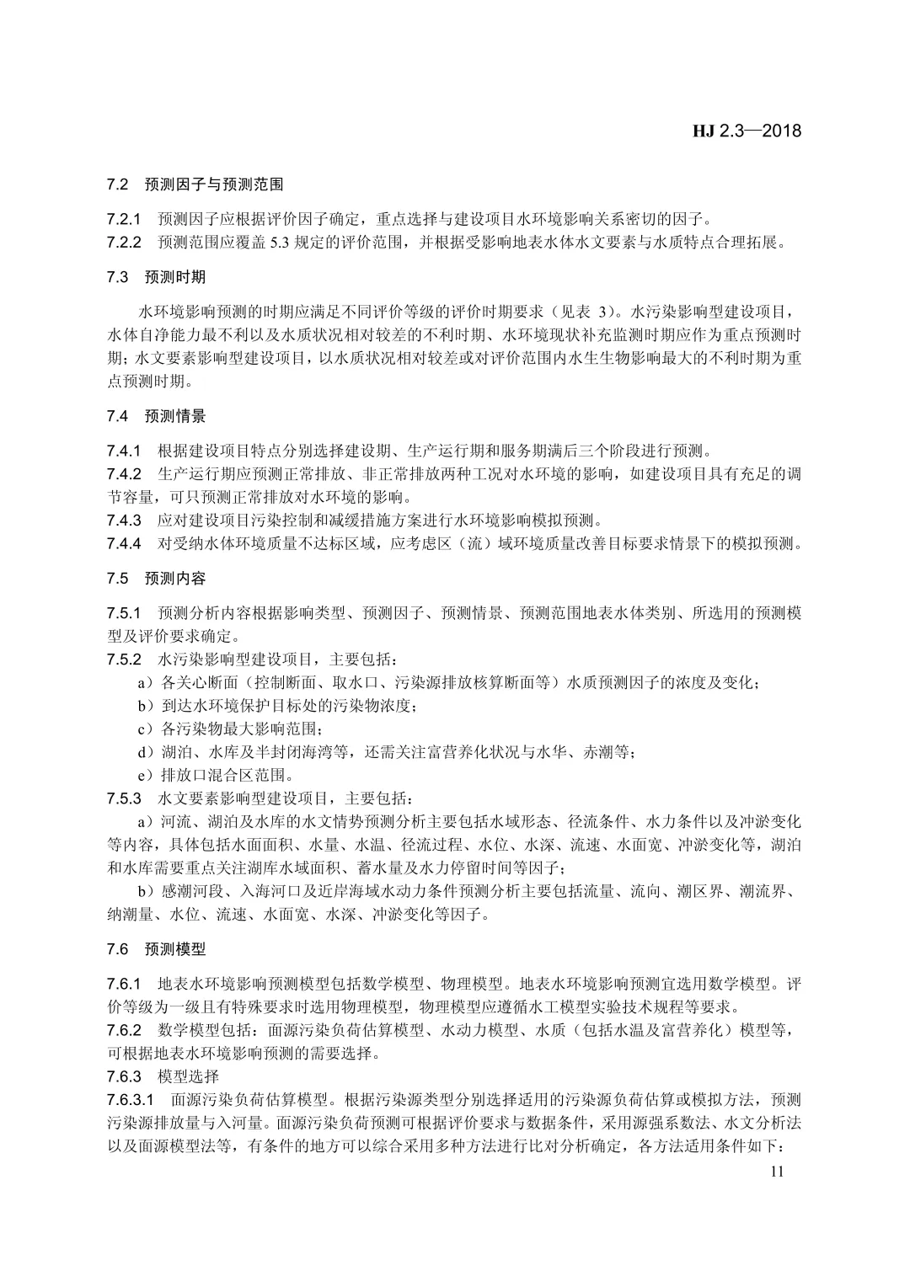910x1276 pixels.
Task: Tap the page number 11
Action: (x=776, y=1172)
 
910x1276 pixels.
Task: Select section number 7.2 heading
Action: (x=117, y=183)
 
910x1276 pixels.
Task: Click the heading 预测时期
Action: (x=175, y=276)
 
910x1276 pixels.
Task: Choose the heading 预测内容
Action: (x=175, y=579)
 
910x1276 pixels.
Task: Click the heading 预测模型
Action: (x=175, y=949)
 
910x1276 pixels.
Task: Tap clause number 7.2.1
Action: (x=125, y=219)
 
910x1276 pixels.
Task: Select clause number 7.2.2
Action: (x=125, y=243)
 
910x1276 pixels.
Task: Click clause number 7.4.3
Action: (x=125, y=520)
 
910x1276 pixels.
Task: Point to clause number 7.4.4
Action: (x=125, y=543)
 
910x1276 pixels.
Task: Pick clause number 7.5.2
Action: (x=125, y=658)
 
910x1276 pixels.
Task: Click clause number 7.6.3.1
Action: (x=131, y=1100)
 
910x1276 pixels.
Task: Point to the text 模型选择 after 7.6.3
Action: (x=188, y=1076)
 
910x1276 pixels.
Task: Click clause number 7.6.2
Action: (x=125, y=1030)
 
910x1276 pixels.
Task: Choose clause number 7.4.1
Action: (x=125, y=450)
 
